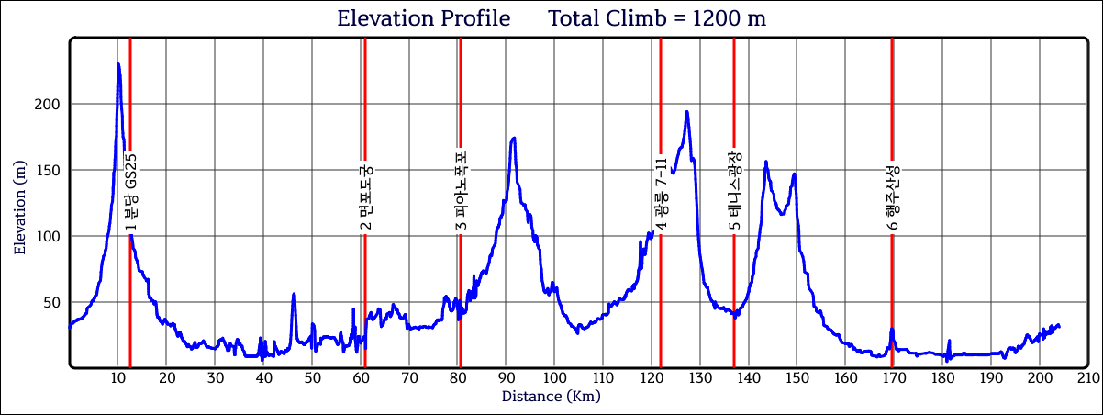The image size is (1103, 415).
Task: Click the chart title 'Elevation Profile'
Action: pos(423,18)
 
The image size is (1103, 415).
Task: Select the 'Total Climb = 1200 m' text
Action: pos(657,18)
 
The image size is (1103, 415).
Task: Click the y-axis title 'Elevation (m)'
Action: pos(20,205)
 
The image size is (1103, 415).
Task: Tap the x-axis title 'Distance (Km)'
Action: pos(551,397)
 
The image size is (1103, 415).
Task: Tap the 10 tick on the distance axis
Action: pos(117,377)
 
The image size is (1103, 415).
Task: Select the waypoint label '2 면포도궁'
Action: pos(365,197)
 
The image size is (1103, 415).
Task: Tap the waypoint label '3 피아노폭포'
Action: pos(461,191)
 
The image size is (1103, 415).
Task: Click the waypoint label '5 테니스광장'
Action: pos(734,191)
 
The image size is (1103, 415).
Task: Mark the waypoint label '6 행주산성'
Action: pos(892,196)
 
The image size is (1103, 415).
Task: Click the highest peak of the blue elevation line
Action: pos(118,64)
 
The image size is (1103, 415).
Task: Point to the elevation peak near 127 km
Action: pos(686,112)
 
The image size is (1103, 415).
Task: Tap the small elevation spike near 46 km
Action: pos(294,295)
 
